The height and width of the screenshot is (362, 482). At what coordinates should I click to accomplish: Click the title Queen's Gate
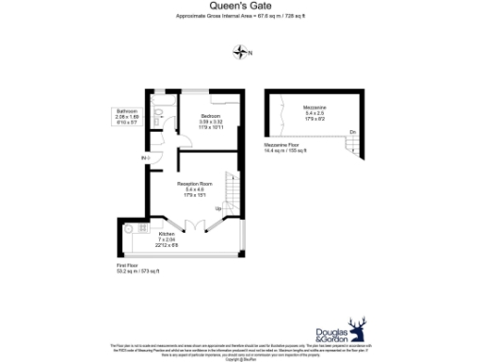pyautogui.click(x=241, y=5)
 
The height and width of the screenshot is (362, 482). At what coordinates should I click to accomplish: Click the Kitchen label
pyautogui.click(x=167, y=232)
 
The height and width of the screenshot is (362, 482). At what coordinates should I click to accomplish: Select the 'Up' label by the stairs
pyautogui.click(x=218, y=207)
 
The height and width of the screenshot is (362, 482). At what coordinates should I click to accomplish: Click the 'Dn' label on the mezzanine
pyautogui.click(x=352, y=131)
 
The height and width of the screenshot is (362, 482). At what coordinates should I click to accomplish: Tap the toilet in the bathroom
pyautogui.click(x=159, y=112)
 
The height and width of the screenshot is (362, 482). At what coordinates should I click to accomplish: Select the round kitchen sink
pyautogui.click(x=142, y=228)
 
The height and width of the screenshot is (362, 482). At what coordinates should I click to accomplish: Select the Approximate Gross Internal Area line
pyautogui.click(x=241, y=15)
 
